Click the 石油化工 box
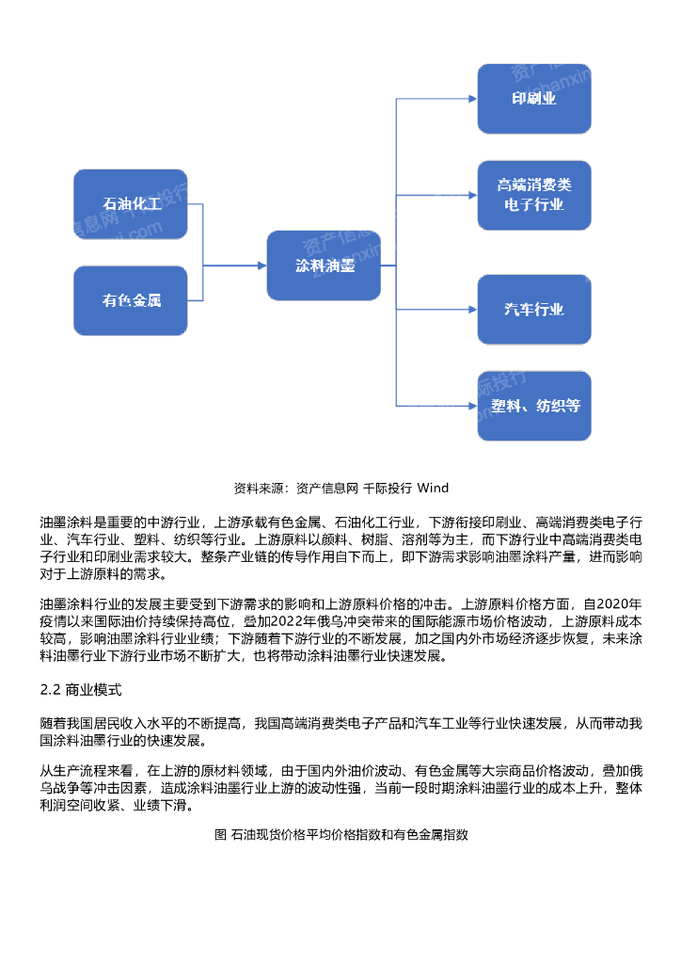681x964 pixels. coord(131,203)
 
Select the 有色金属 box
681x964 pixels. coord(131,301)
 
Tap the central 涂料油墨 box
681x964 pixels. coord(325,265)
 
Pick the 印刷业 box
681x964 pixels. coord(533,98)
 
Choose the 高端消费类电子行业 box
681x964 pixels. coord(533,195)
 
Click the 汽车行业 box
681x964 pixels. coord(533,309)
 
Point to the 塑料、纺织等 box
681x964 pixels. coord(533,406)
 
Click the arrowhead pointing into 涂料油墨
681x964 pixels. coord(261,265)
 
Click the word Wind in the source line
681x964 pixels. coord(433,488)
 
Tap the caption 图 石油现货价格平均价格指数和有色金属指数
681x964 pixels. coord(340,834)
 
